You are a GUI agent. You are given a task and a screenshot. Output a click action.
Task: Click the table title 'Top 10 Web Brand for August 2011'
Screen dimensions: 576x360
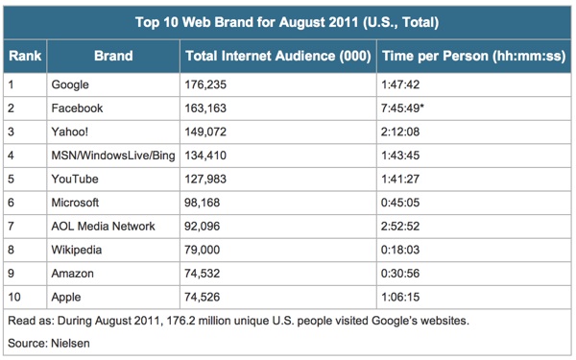246,22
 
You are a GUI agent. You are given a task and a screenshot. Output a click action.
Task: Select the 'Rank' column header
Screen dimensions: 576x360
25,56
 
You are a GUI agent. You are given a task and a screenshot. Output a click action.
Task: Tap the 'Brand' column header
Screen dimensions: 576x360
113,56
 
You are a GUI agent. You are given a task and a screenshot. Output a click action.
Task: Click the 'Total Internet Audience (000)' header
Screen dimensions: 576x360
278,56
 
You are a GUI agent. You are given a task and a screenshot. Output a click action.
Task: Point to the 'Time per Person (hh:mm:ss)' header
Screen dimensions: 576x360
474,56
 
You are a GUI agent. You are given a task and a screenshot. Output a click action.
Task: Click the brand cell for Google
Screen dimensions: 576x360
70,84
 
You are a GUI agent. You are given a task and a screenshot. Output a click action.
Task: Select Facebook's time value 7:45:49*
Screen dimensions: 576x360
402,108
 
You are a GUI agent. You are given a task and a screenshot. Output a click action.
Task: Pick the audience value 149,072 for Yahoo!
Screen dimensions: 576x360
205,132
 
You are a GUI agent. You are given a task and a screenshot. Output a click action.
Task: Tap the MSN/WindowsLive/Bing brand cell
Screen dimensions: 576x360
113,156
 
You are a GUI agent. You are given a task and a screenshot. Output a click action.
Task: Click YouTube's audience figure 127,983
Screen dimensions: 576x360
205,179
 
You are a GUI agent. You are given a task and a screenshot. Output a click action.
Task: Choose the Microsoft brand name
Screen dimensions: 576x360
75,203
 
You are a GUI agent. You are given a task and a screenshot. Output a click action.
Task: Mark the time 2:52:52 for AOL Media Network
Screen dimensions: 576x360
400,226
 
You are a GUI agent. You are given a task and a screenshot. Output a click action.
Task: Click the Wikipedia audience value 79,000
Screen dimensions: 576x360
202,250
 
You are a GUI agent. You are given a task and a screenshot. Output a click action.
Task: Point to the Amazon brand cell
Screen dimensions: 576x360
72,274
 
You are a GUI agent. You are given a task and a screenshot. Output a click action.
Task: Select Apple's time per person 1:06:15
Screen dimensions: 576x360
400,297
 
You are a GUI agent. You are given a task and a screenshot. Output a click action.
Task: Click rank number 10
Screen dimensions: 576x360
14,297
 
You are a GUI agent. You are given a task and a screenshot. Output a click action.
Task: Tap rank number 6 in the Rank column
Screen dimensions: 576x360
11,203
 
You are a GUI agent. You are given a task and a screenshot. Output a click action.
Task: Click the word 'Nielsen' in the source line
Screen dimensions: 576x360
70,343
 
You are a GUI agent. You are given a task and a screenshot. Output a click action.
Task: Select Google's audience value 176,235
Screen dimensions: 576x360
205,84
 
